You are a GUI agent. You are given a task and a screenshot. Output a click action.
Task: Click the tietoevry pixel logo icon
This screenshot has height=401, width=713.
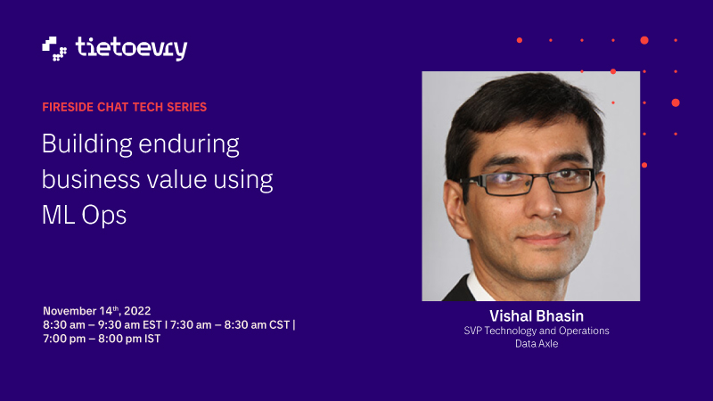(x=54, y=49)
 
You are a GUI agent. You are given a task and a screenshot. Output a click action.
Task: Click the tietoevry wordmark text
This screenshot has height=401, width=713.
(x=131, y=49)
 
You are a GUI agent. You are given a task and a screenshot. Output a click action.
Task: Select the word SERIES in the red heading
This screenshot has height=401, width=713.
(x=187, y=107)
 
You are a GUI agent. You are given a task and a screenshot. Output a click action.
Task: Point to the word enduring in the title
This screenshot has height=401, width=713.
(x=189, y=144)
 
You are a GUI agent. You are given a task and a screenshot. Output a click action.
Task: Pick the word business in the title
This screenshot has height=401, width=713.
(x=91, y=179)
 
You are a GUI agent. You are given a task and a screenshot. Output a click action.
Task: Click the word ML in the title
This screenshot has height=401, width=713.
(x=58, y=215)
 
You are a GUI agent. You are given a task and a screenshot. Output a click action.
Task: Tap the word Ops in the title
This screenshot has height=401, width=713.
(x=104, y=216)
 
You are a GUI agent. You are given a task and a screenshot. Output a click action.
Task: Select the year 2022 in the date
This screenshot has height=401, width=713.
(x=137, y=311)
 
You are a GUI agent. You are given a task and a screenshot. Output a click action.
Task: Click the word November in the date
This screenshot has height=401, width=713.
(x=70, y=311)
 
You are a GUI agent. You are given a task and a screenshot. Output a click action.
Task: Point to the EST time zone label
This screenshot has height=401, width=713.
(x=152, y=325)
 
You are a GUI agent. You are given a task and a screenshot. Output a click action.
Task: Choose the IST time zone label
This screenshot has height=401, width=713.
(x=152, y=340)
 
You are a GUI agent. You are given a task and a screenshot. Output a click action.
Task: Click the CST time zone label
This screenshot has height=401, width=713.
(x=279, y=325)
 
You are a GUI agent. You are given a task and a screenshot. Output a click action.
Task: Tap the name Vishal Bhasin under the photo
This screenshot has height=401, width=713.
(x=537, y=316)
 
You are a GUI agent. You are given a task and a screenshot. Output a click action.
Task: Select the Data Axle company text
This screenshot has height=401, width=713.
(x=537, y=344)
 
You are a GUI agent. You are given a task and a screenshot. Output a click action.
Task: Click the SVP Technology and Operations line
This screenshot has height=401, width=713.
(x=537, y=331)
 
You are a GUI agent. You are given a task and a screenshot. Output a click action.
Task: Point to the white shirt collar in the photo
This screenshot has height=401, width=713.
(x=479, y=286)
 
